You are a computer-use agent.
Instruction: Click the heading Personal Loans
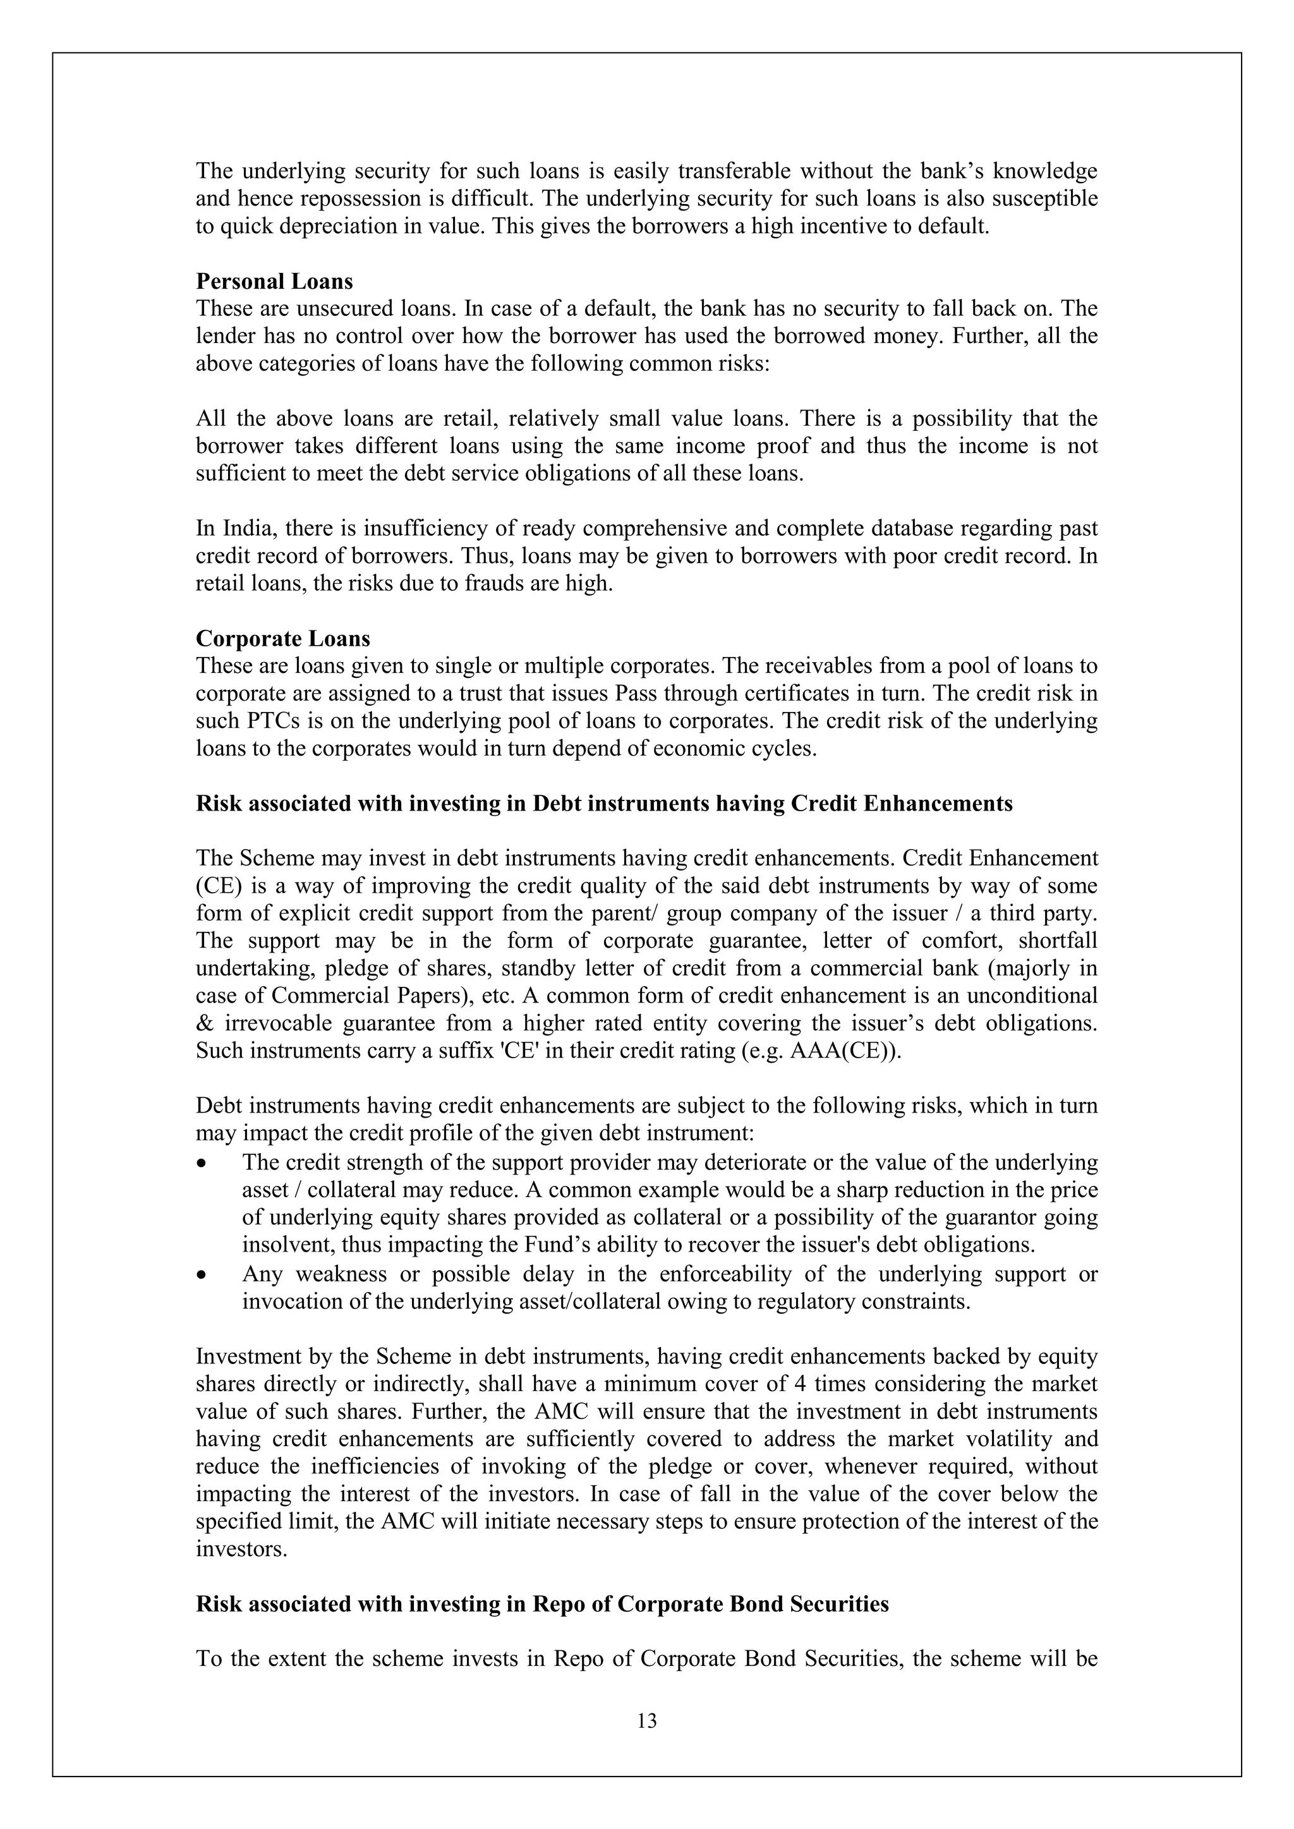274,281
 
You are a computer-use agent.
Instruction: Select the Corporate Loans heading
283,639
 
